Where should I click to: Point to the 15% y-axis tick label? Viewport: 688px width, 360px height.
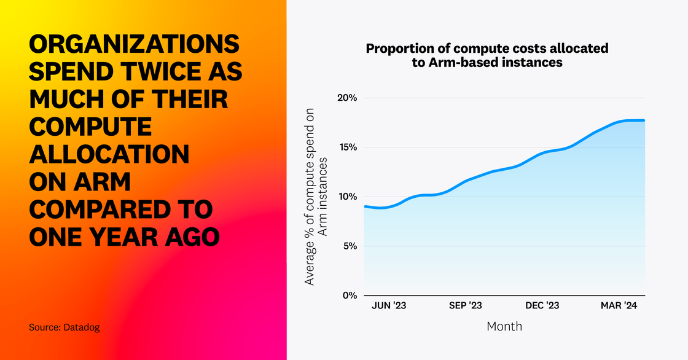click(348, 147)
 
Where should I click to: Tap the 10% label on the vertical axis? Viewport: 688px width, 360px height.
click(348, 197)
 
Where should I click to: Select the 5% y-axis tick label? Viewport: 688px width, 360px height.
click(350, 246)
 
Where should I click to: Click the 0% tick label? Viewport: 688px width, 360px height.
click(350, 295)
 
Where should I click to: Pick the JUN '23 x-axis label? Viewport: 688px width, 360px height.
click(389, 305)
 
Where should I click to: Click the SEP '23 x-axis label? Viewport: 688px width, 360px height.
click(466, 305)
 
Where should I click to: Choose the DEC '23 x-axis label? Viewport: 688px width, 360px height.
click(542, 305)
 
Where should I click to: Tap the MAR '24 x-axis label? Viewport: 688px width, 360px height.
click(619, 305)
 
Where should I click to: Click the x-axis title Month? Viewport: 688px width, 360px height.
click(504, 326)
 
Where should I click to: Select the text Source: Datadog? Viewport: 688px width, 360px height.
click(64, 327)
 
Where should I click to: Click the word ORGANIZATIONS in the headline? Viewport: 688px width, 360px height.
click(135, 46)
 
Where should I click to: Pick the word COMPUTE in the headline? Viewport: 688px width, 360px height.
click(90, 127)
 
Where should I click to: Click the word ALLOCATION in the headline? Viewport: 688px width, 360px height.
click(109, 154)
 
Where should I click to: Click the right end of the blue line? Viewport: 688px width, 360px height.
click(644, 120)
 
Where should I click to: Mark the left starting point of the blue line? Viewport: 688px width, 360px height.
click(365, 206)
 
